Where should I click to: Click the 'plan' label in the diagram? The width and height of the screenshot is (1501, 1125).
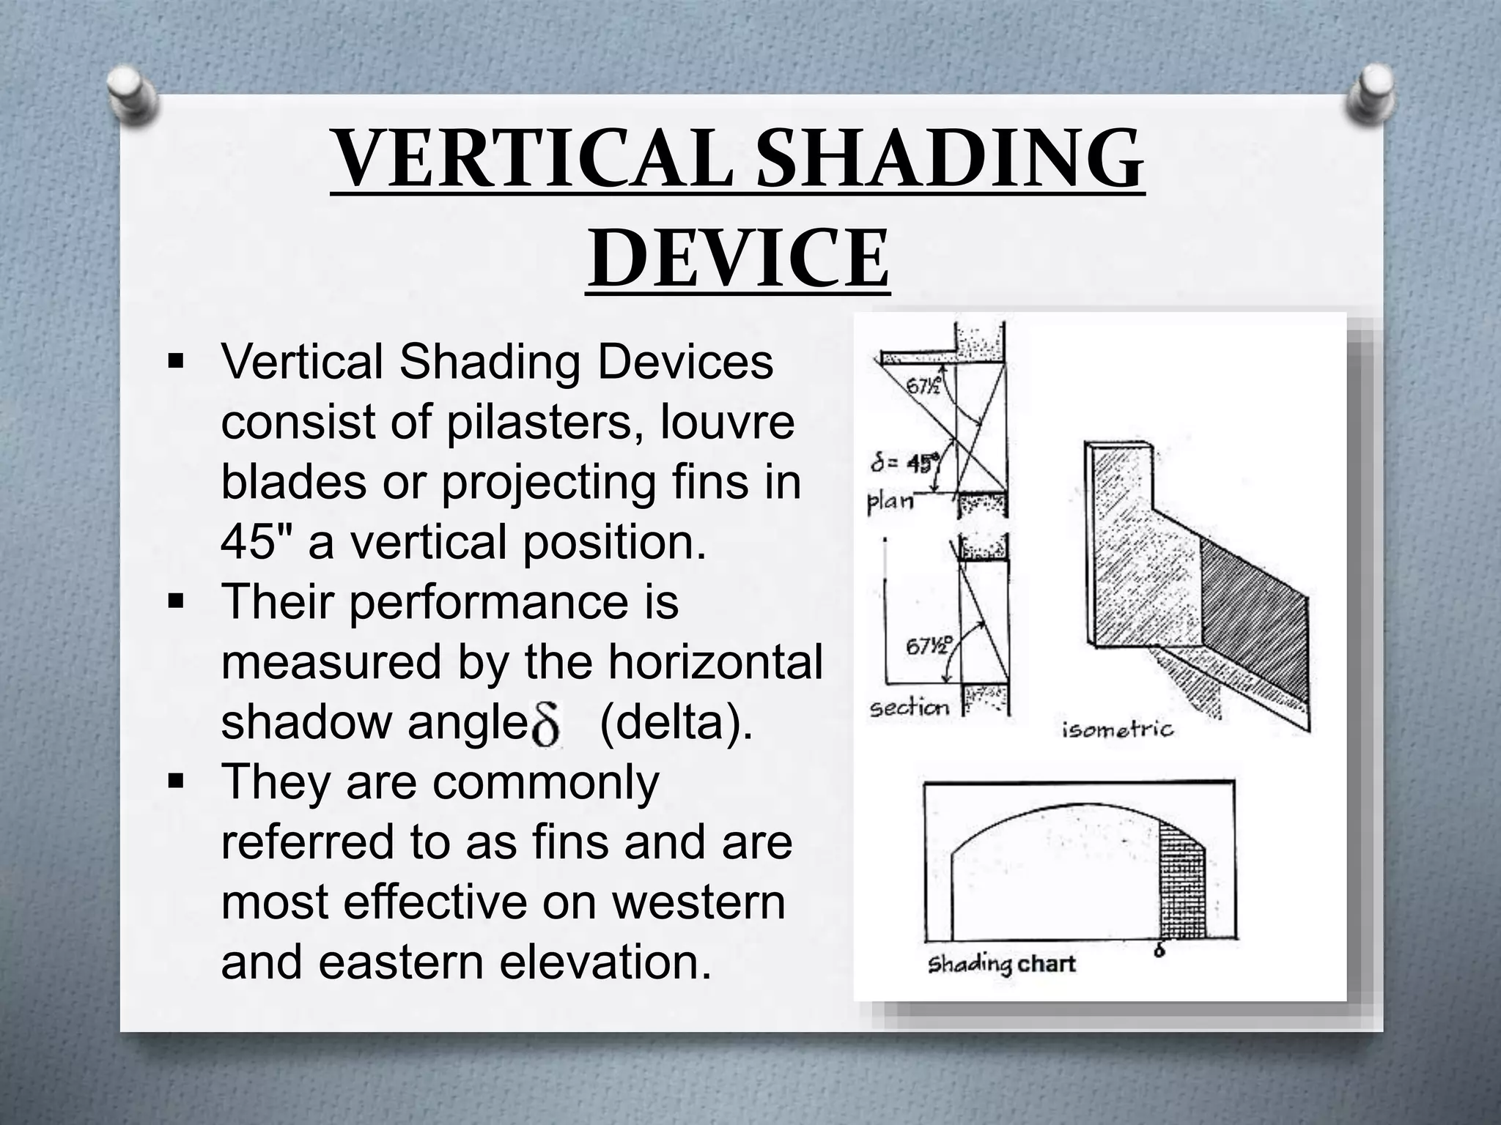coord(890,502)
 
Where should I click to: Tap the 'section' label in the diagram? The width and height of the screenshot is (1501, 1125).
coord(909,708)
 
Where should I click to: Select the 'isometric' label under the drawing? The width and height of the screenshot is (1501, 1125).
coord(1117,729)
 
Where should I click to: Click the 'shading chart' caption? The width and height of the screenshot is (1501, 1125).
coord(1000,964)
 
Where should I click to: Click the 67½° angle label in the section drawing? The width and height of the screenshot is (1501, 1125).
coord(929,645)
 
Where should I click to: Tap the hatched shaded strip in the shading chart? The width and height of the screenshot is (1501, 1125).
coord(1182,886)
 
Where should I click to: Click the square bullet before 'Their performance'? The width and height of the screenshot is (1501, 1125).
coord(176,603)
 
